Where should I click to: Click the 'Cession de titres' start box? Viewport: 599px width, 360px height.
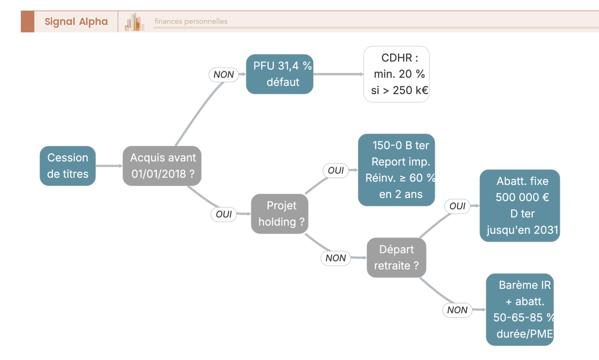[68, 166]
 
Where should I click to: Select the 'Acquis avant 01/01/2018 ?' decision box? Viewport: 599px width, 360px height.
[162, 166]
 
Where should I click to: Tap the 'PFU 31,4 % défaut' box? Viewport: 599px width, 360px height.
[280, 74]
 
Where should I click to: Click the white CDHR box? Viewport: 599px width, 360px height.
[396, 74]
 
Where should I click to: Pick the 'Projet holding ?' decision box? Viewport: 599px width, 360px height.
[280, 214]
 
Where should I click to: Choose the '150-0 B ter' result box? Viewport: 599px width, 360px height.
[396, 170]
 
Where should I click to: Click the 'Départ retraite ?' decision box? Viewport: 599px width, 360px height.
[396, 258]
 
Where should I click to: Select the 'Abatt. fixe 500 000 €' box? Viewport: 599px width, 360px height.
[520, 206]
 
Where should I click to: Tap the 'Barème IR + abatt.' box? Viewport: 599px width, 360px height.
[520, 310]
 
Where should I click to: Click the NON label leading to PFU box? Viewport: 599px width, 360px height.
[224, 74]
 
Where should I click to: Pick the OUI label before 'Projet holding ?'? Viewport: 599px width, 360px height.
[224, 214]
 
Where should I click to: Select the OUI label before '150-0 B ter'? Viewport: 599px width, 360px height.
[335, 170]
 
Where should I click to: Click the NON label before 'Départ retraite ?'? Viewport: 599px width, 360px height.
[335, 258]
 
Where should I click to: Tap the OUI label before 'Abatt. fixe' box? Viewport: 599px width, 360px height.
[457, 206]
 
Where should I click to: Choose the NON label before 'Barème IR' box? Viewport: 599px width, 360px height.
[457, 310]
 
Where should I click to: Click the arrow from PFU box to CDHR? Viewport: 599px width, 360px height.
[338, 74]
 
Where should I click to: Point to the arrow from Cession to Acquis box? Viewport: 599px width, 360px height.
[109, 166]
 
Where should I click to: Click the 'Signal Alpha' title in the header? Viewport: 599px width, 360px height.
[76, 21]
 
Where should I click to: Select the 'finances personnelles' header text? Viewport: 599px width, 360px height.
[191, 21]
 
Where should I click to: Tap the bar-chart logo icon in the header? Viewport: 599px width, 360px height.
[134, 22]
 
